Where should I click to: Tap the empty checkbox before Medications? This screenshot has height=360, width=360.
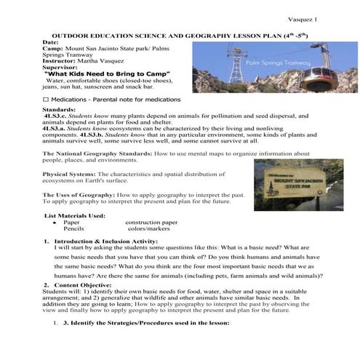pos(45,98)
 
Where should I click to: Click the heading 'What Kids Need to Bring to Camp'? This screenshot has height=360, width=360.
pos(107,74)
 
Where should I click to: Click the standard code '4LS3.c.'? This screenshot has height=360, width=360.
pos(55,115)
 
